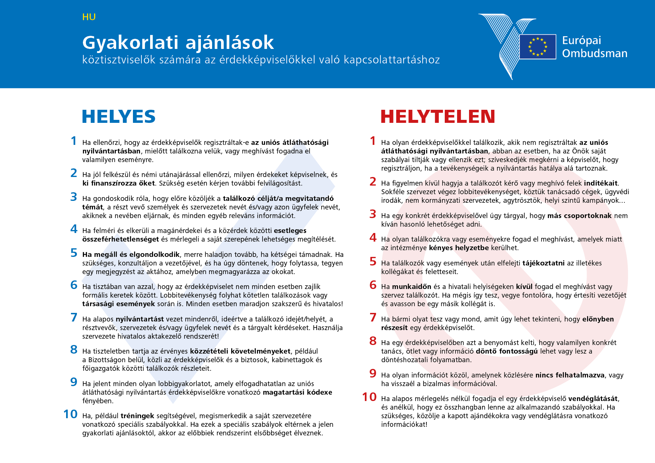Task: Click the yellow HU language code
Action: coord(89,17)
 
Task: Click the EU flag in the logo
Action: coord(538,47)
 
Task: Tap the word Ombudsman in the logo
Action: coord(595,53)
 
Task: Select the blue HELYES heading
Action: coord(119,116)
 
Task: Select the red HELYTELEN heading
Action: coord(438,116)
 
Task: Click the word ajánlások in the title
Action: coord(230,43)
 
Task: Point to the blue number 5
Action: coord(74,253)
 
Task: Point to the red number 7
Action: coord(373,318)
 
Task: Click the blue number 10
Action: coord(71,414)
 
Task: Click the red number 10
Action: coord(369,397)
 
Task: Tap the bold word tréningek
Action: coord(137,416)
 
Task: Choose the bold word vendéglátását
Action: coord(593,399)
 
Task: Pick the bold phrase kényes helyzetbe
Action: coord(459,248)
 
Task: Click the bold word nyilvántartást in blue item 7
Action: coord(140,319)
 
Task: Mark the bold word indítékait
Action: coord(600,183)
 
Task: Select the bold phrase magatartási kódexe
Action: coord(297,392)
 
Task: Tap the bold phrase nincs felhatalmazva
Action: coord(570,375)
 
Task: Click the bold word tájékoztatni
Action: coord(543,263)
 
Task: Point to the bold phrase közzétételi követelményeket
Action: coord(240,351)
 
